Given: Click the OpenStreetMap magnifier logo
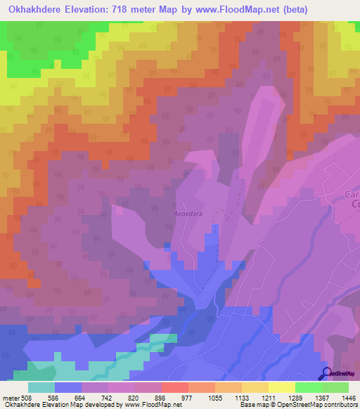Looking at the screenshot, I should [326, 374].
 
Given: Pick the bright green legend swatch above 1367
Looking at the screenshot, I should [308, 387].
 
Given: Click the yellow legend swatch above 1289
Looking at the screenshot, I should [281, 387].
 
